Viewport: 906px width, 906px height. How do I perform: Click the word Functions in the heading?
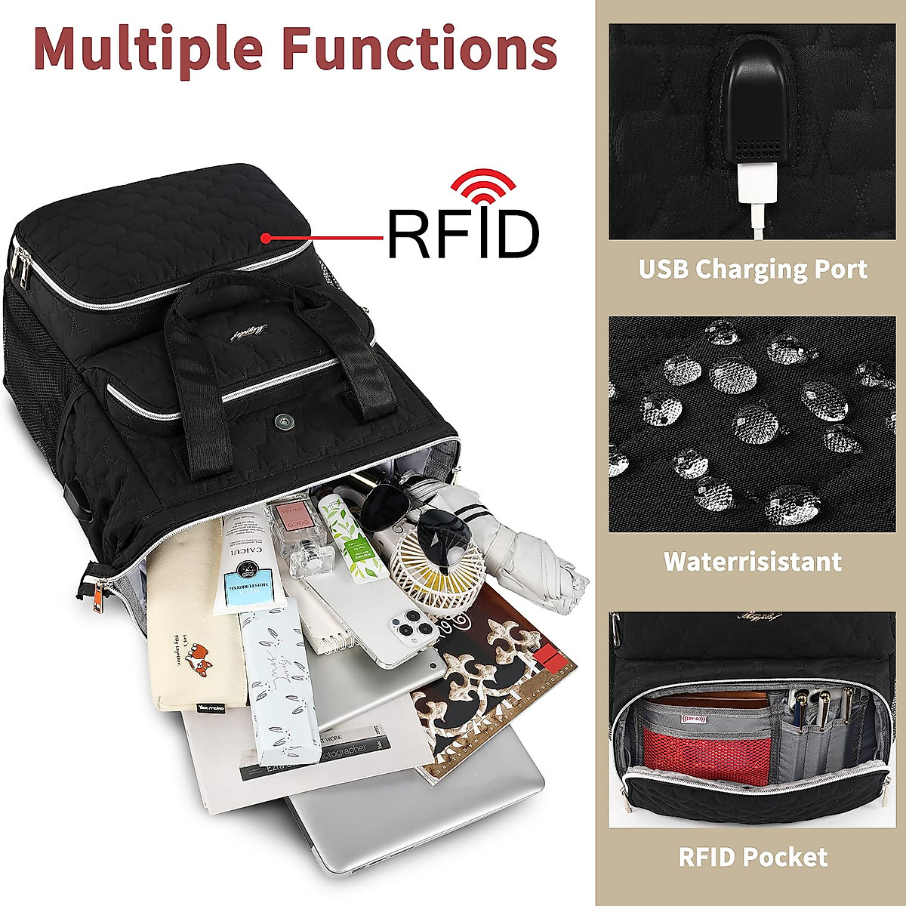pyautogui.click(x=420, y=48)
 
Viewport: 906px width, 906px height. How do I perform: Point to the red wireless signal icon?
pyautogui.click(x=483, y=185)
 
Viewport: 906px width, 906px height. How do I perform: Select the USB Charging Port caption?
pyautogui.click(x=753, y=270)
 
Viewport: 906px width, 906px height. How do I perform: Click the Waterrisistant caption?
pyautogui.click(x=752, y=562)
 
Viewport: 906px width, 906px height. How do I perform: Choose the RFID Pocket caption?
pyautogui.click(x=752, y=857)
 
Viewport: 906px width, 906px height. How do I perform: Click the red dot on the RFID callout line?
pyautogui.click(x=266, y=238)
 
